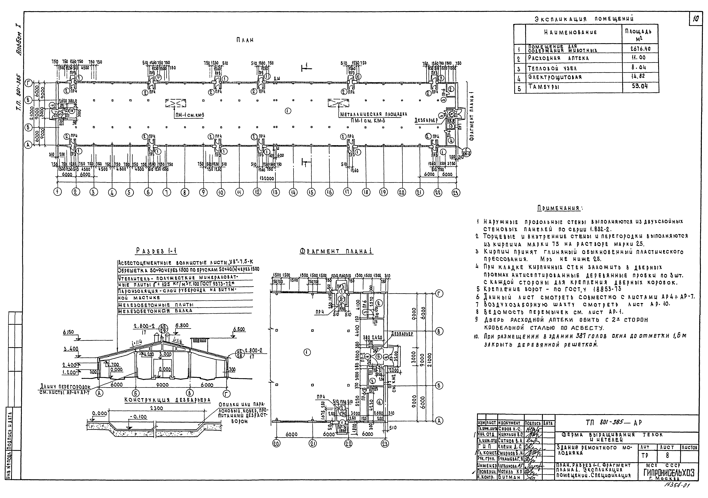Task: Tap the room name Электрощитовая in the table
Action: [x=555, y=77]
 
